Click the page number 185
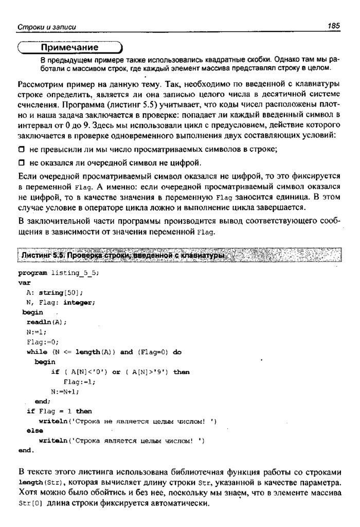(x=333, y=26)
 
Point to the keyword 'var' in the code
(x=24, y=283)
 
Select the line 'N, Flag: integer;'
(x=60, y=302)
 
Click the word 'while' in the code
(x=37, y=352)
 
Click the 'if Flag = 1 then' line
(x=59, y=411)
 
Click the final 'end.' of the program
(x=26, y=450)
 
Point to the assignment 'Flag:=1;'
(x=80, y=381)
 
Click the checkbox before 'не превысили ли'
(x=21, y=150)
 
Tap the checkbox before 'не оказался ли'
(x=21, y=164)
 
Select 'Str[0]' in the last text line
(x=30, y=504)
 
